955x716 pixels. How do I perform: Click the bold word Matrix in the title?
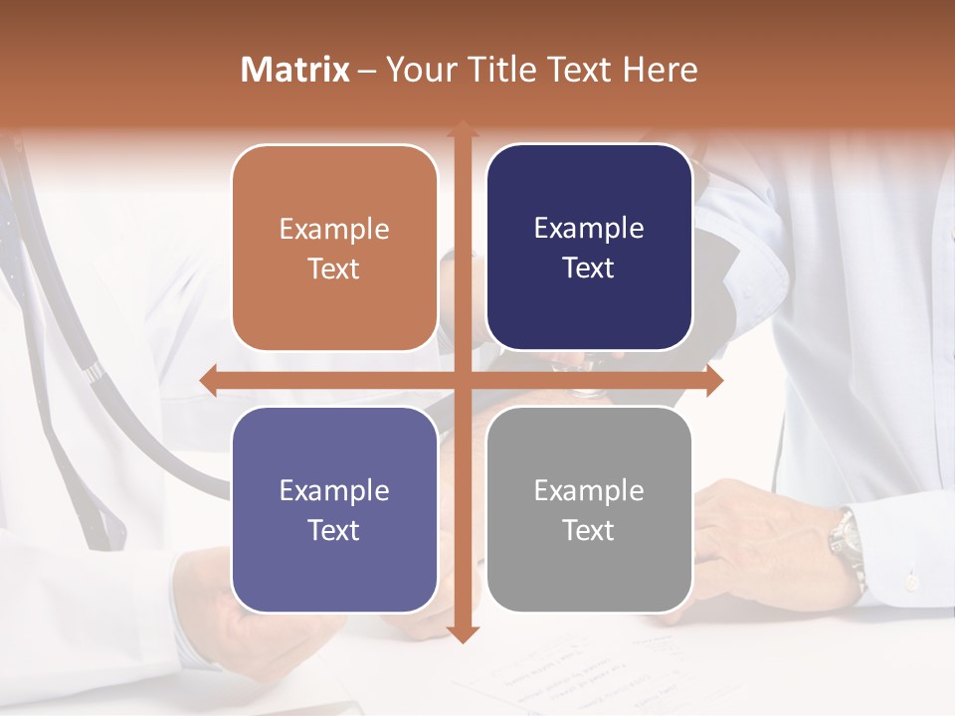click(x=295, y=70)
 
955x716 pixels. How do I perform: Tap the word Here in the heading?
click(x=660, y=70)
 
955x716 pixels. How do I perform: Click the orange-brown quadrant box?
click(x=334, y=248)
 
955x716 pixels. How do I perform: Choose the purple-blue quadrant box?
click(x=334, y=509)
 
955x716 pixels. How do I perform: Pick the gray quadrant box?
click(x=589, y=509)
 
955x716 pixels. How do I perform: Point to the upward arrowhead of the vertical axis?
click(x=462, y=130)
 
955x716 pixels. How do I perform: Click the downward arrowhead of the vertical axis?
click(x=462, y=633)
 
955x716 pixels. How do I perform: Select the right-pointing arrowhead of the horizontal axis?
click(x=713, y=381)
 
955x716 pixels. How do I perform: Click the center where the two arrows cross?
click(x=462, y=381)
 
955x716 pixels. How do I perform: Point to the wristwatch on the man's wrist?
click(x=847, y=542)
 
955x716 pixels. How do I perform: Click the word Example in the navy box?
click(x=589, y=228)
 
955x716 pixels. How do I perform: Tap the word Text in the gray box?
click(x=589, y=530)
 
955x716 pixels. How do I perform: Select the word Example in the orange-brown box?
click(x=334, y=229)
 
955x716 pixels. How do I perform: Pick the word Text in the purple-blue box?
click(x=334, y=530)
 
